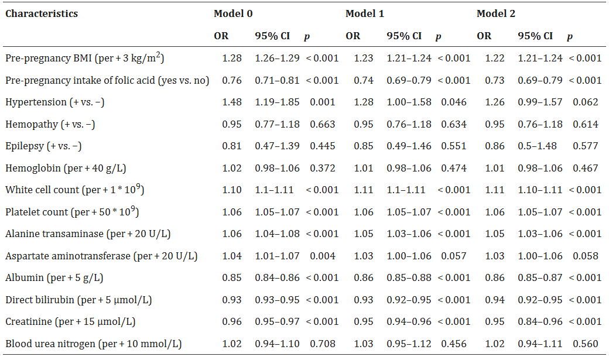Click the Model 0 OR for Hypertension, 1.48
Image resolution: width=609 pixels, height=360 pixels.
232,102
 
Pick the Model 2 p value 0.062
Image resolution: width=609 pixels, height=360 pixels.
585,102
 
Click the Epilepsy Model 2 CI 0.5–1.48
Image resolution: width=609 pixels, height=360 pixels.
539,146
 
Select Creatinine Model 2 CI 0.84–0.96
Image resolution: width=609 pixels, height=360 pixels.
540,321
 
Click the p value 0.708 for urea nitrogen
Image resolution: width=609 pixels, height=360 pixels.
322,344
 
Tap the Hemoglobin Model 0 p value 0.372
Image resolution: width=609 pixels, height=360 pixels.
322,168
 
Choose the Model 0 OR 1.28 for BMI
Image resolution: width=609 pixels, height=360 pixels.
232,58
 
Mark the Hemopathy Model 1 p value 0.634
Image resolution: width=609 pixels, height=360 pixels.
454,124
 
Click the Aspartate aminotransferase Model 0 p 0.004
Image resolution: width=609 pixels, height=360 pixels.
322,256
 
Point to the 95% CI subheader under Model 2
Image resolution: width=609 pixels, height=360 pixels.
535,36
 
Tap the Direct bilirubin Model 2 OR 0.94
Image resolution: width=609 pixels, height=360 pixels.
494,300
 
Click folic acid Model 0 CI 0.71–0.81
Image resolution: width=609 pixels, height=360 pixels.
276,80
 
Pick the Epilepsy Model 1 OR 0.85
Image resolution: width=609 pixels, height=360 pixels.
363,146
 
